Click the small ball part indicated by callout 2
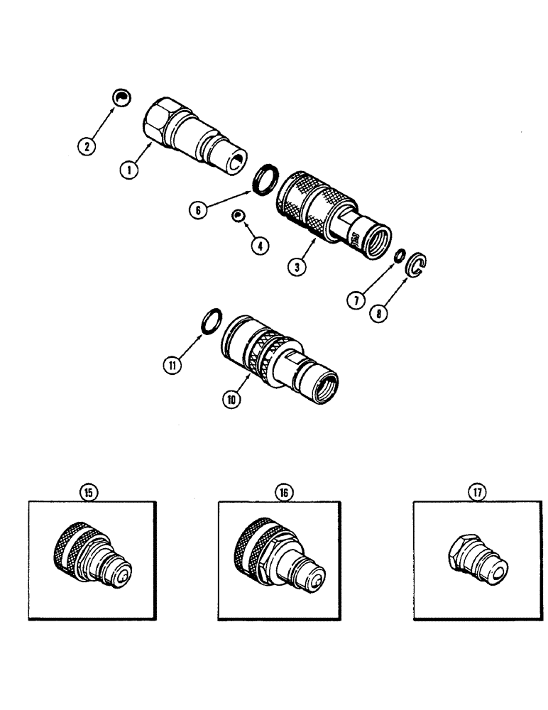(123, 98)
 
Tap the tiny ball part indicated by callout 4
(239, 215)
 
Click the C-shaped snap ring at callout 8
(420, 266)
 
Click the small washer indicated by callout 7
(401, 255)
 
